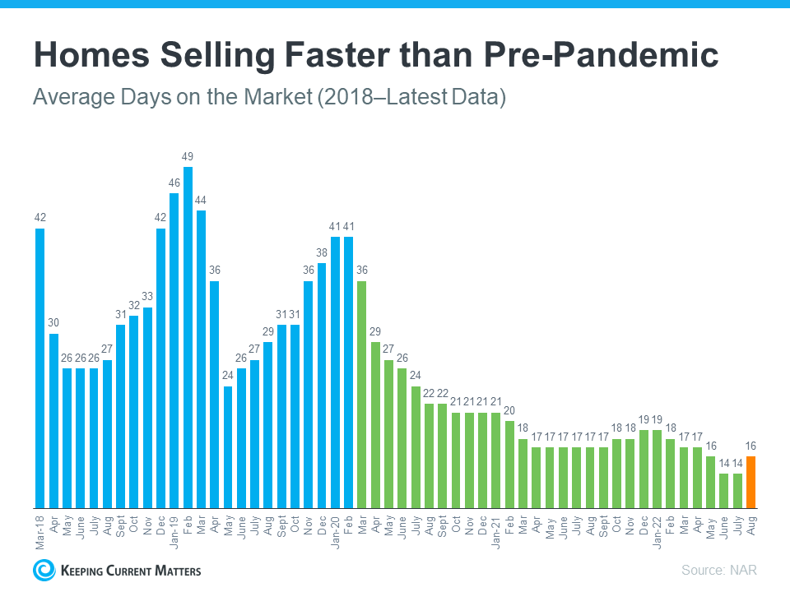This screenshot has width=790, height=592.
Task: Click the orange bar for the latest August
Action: coord(751,483)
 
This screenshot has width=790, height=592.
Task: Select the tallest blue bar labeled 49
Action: coord(188,337)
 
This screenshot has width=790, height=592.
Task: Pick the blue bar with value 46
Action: coord(174,350)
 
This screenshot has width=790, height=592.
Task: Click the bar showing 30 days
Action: coord(53,420)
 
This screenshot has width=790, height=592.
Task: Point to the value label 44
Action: coord(201,200)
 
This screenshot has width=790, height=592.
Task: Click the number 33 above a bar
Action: coord(147,296)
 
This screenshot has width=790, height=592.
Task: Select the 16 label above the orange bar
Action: coord(751,446)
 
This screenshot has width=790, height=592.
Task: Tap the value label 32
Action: coord(134,305)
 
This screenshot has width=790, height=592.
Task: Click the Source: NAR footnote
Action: coord(718,570)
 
